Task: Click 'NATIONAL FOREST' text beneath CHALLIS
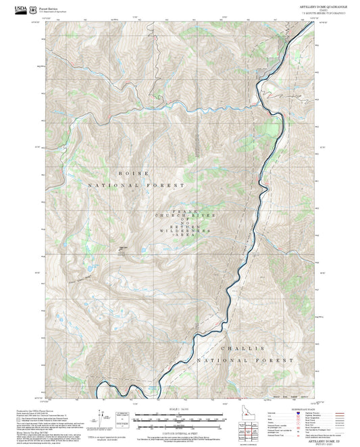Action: tap(246, 361)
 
